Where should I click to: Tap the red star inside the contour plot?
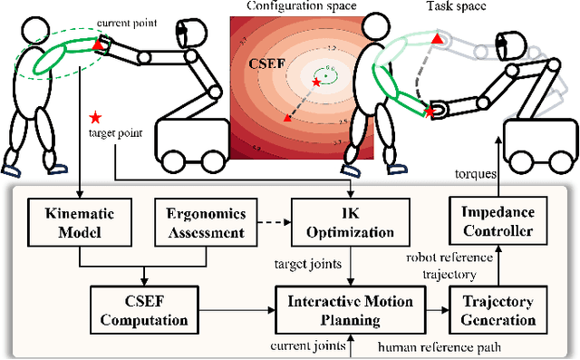coord(314,83)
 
